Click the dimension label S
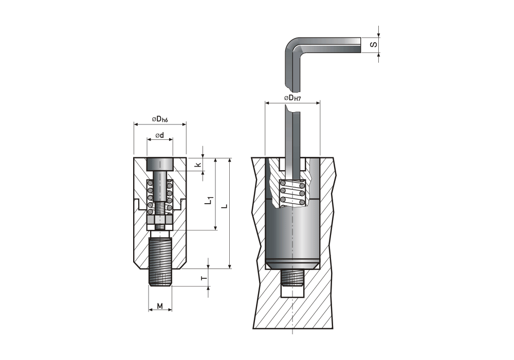374,45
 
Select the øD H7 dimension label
292,98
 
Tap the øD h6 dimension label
160,119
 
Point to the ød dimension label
159,135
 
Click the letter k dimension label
197,165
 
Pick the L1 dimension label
208,201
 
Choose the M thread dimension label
160,306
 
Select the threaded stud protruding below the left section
160,260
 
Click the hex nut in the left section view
160,223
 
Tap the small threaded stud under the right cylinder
293,278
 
